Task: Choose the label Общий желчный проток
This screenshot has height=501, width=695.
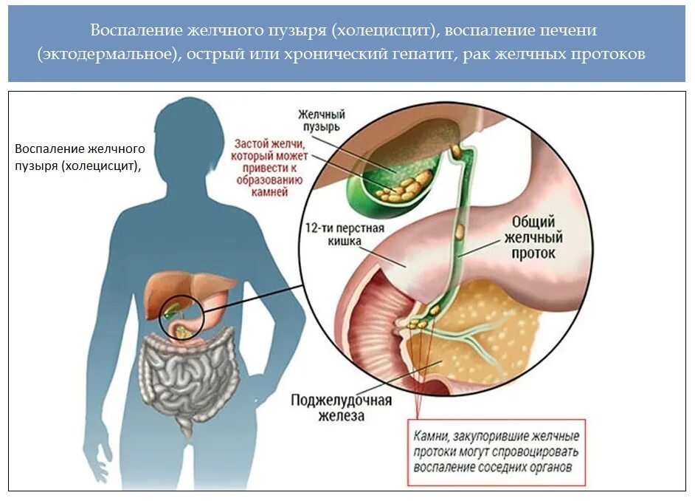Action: coord(533,237)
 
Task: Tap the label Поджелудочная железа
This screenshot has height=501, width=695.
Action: coord(341,408)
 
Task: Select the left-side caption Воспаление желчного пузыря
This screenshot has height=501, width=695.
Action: coord(80,157)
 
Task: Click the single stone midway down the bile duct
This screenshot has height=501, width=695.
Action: coord(460,231)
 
